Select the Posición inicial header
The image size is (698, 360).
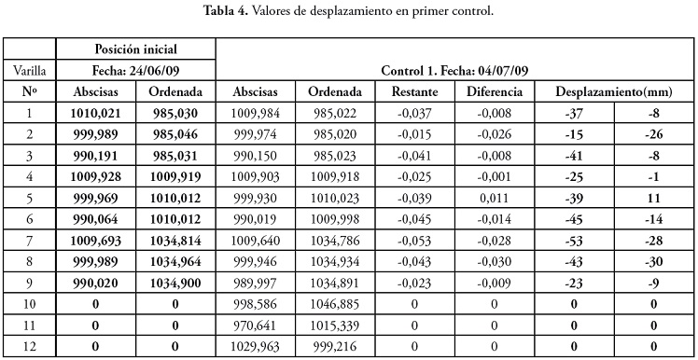click(136, 48)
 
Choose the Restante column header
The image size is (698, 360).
click(414, 91)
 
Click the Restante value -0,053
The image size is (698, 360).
click(414, 241)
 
